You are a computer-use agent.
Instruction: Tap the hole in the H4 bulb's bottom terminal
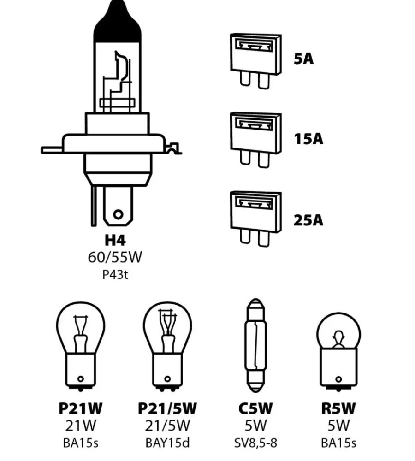(118, 214)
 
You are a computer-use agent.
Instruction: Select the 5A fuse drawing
(256, 61)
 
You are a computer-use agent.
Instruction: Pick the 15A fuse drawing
(256, 140)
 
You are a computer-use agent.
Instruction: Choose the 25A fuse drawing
(256, 219)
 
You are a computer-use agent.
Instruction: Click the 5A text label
(303, 59)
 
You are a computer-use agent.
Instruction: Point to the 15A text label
(308, 139)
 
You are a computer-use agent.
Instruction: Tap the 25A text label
(308, 220)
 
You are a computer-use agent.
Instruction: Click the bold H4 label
(115, 240)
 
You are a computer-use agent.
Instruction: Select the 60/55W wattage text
(115, 257)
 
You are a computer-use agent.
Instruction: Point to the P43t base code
(115, 275)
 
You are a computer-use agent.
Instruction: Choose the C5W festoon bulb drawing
(256, 346)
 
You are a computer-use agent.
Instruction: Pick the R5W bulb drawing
(338, 352)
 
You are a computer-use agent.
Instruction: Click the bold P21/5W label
(167, 408)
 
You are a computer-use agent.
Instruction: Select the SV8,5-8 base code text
(255, 443)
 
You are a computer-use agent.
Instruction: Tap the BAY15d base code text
(167, 443)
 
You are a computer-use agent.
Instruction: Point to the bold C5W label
(255, 408)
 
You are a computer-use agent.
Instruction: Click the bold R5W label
(338, 408)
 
